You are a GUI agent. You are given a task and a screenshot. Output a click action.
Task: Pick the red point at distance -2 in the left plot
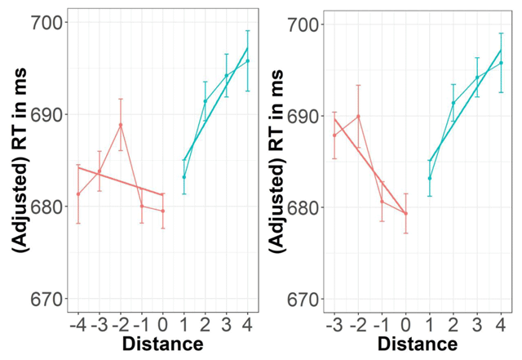coord(121,125)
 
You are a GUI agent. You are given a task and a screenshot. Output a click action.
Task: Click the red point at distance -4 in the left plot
coord(78,194)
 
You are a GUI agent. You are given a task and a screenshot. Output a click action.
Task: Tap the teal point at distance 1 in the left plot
coord(184,177)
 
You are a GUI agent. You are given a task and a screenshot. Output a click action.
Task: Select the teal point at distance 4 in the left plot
coord(248,60)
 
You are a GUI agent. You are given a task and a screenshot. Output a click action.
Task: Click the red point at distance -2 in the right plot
coord(358,116)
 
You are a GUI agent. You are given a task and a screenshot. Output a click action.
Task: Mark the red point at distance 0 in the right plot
coord(405,213)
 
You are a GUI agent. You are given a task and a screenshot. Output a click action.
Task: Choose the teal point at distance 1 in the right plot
coord(429,178)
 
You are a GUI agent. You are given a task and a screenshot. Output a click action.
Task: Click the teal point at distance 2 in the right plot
coord(453,103)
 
